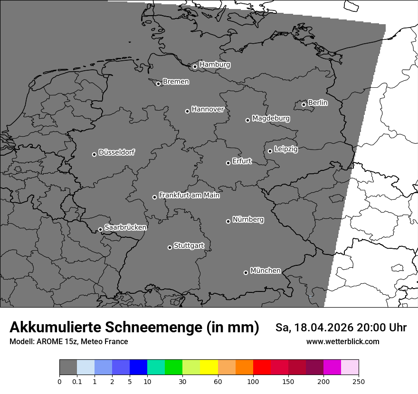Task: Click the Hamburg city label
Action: pyautogui.click(x=215, y=65)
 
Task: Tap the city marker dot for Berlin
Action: pyautogui.click(x=304, y=104)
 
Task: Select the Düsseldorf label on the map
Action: pyautogui.click(x=116, y=152)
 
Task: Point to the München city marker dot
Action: pyautogui.click(x=246, y=272)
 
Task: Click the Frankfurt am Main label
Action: pyautogui.click(x=189, y=195)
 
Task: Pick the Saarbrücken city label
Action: pyautogui.click(x=125, y=227)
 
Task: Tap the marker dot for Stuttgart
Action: pyautogui.click(x=170, y=247)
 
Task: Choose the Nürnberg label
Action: pyautogui.click(x=248, y=220)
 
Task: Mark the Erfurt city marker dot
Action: pyautogui.click(x=228, y=163)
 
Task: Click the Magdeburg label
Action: pyautogui.click(x=271, y=118)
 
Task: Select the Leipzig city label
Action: pyautogui.click(x=286, y=149)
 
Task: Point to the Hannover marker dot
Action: pyautogui.click(x=187, y=111)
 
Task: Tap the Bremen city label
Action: pyautogui.click(x=176, y=82)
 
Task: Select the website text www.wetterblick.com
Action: pyautogui.click(x=342, y=341)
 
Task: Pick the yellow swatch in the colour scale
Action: pyautogui.click(x=209, y=367)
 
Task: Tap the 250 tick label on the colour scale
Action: pyautogui.click(x=358, y=381)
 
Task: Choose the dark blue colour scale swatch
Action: pyautogui.click(x=139, y=367)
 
